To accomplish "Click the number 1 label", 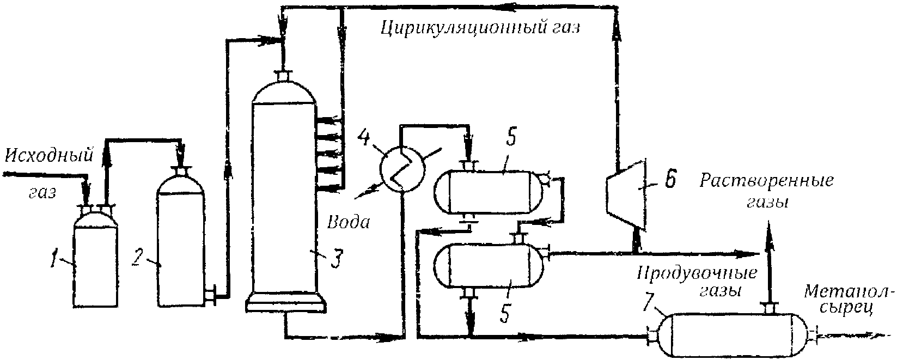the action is point(54,258).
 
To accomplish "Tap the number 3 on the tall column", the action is point(337,258).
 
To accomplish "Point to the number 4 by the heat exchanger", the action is point(365,138).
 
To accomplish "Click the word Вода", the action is point(349,222).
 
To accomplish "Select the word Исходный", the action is point(49,155).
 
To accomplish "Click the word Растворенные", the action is point(766,181).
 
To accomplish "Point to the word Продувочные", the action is point(697,273).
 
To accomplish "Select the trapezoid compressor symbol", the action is point(625,193).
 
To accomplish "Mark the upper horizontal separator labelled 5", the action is point(489,193).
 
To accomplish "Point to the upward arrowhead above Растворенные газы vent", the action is point(769,237).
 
